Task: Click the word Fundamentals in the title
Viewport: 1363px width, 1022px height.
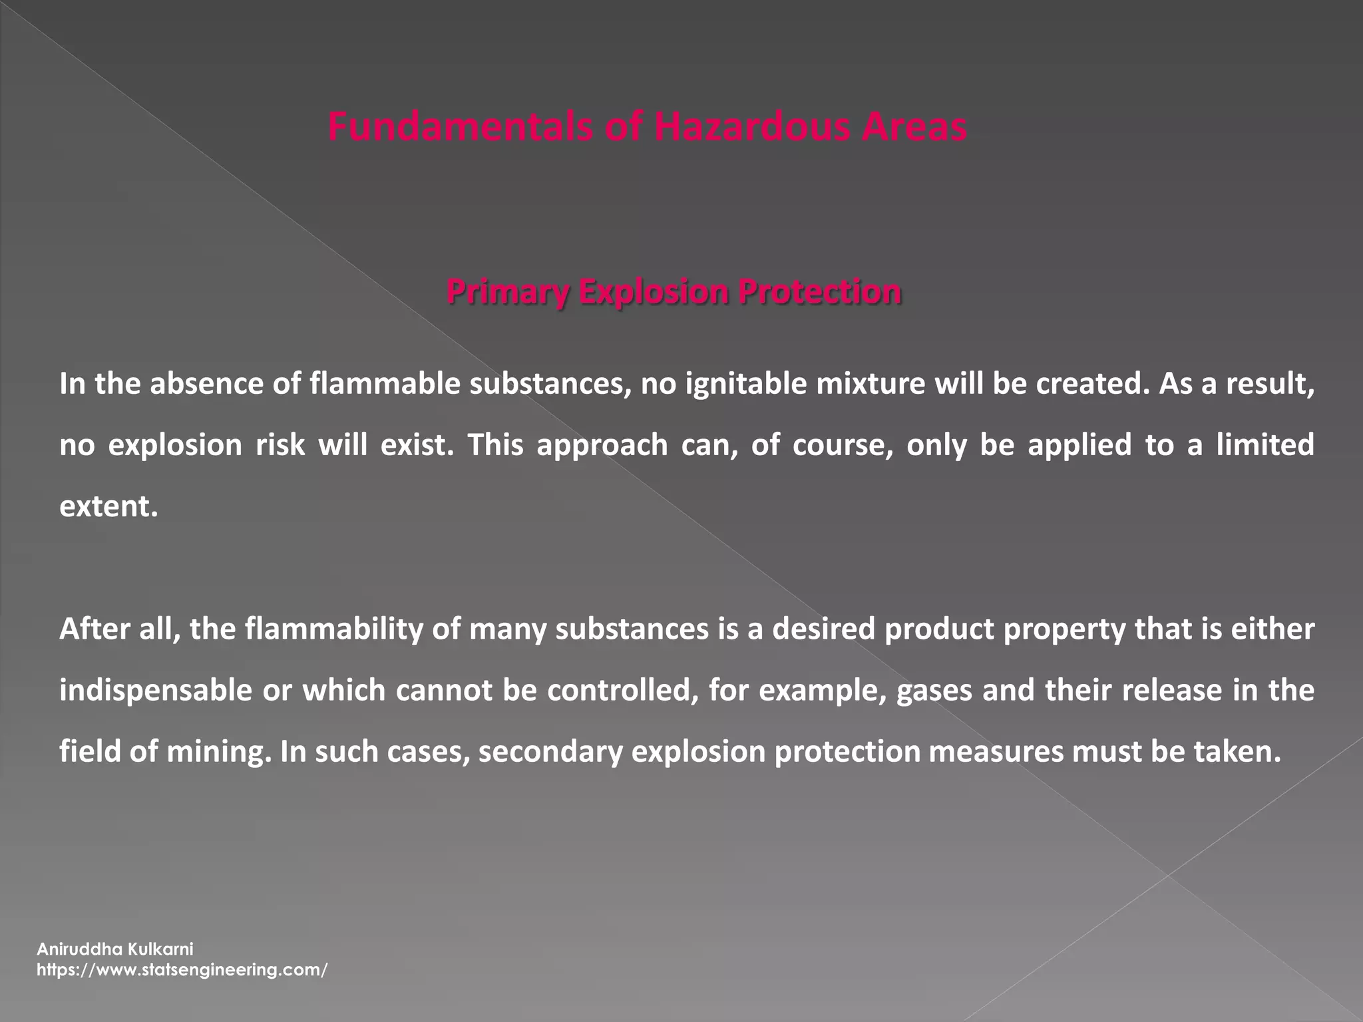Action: coord(459,127)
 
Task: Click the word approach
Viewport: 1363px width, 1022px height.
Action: coord(602,445)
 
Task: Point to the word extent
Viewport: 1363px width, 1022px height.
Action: coord(108,506)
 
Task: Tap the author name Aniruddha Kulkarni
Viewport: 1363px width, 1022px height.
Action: coord(114,949)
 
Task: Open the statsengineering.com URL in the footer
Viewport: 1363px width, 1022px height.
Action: coord(182,969)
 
